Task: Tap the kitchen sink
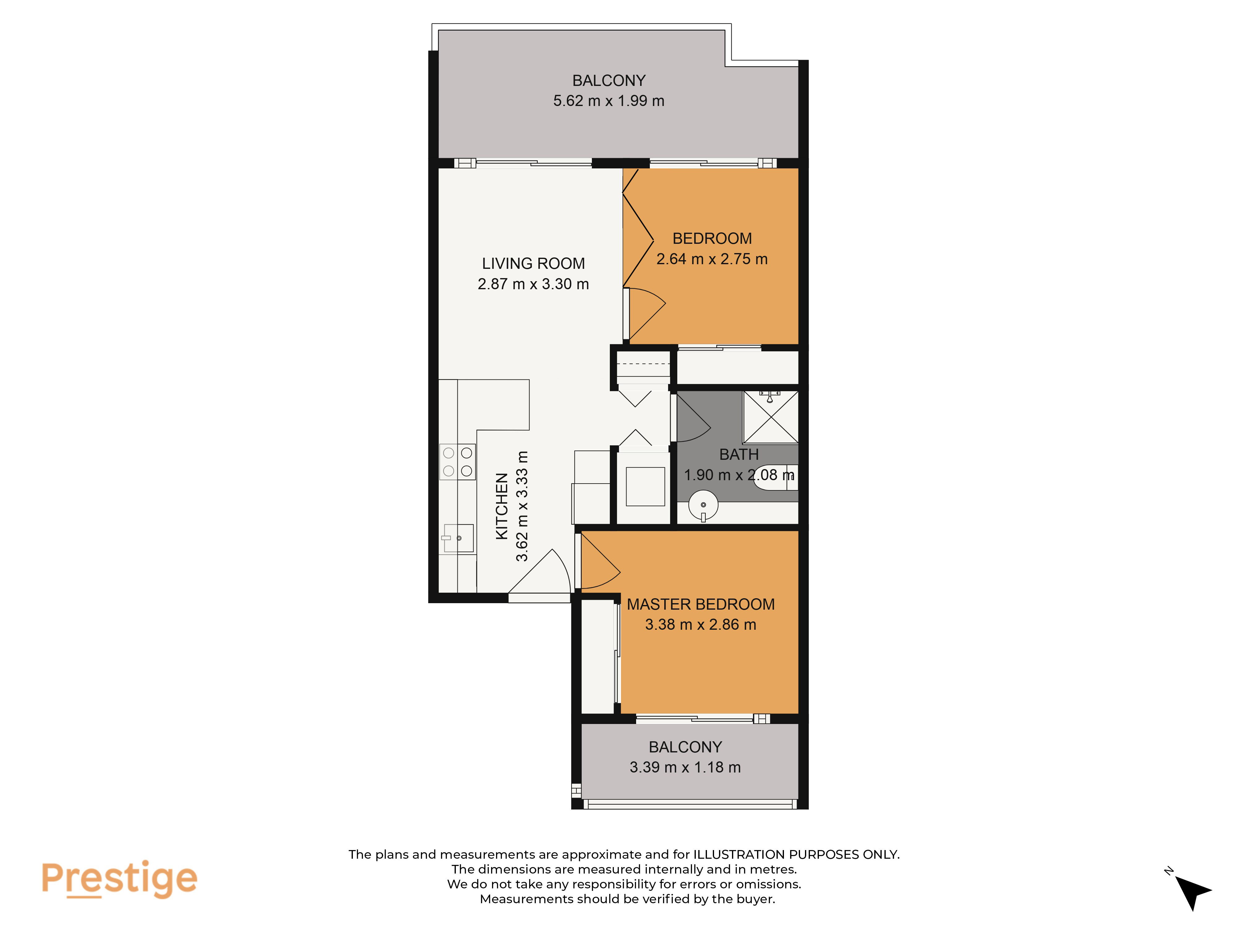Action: coord(459,538)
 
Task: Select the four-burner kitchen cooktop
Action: coord(457,462)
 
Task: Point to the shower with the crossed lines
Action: coord(771,417)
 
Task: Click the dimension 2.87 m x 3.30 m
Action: coord(533,284)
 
